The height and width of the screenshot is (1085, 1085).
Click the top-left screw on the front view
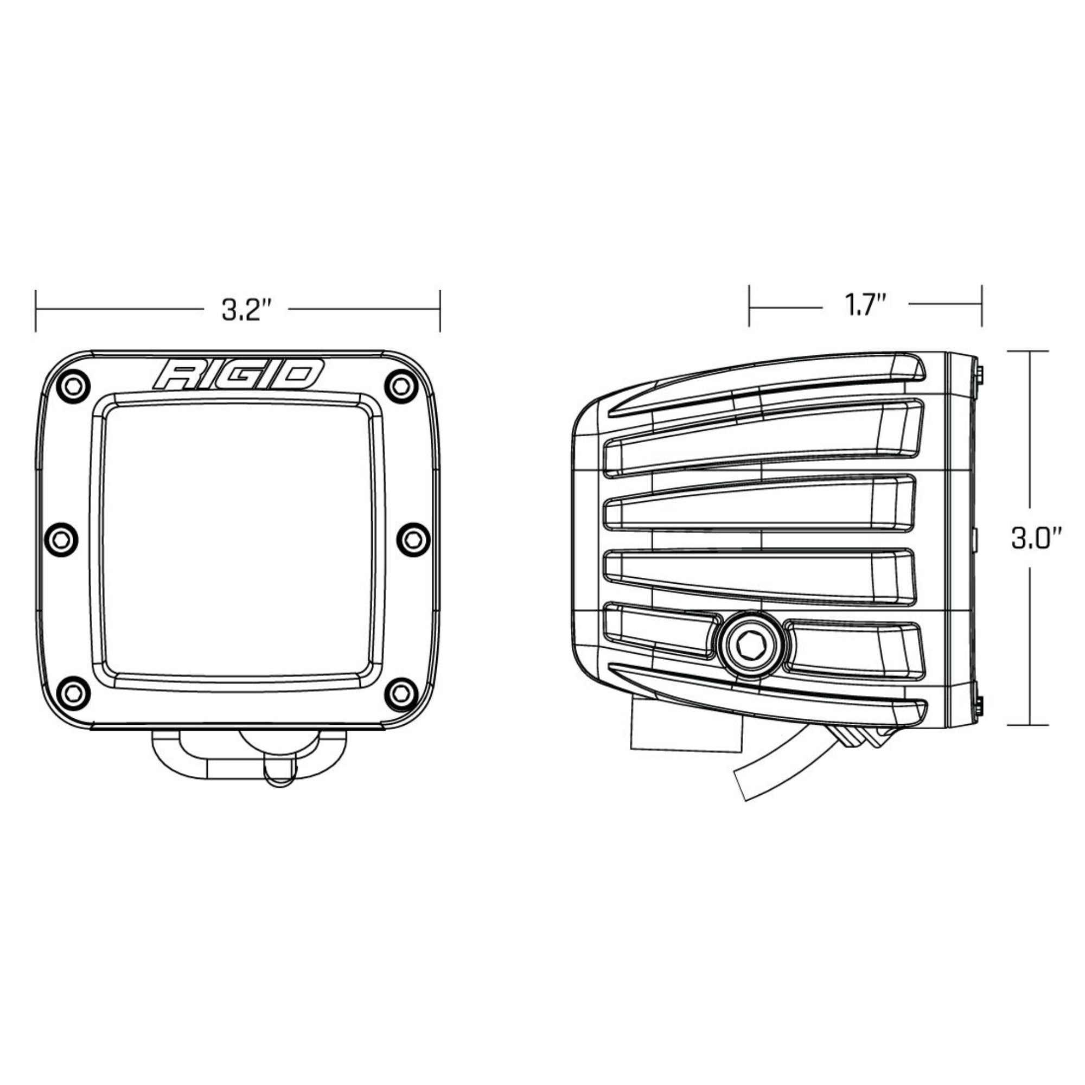coord(73,386)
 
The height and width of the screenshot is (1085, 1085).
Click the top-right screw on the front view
coord(400,386)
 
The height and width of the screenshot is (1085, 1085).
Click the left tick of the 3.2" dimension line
coord(35,310)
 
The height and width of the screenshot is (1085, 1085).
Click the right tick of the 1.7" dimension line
coord(982,305)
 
